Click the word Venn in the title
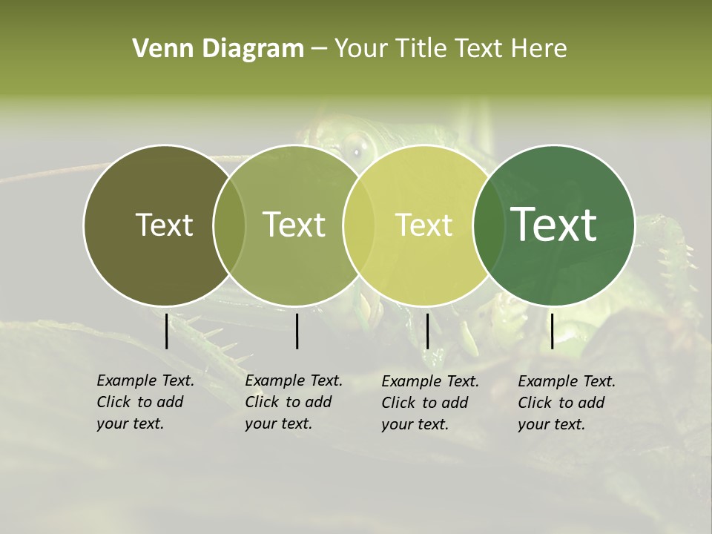(156, 49)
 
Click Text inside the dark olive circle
(164, 225)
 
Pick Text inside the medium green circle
(294, 225)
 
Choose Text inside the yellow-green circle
(423, 225)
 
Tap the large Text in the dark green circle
(554, 224)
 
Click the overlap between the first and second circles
(229, 225)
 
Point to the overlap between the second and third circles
(359, 225)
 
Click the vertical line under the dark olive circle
(166, 331)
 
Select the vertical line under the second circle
(297, 331)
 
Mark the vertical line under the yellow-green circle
(427, 331)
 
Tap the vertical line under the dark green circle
(552, 331)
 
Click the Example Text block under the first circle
(145, 402)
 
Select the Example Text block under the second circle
(294, 402)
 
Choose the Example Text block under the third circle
(430, 403)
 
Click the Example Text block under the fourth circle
(567, 403)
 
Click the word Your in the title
(362, 49)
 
